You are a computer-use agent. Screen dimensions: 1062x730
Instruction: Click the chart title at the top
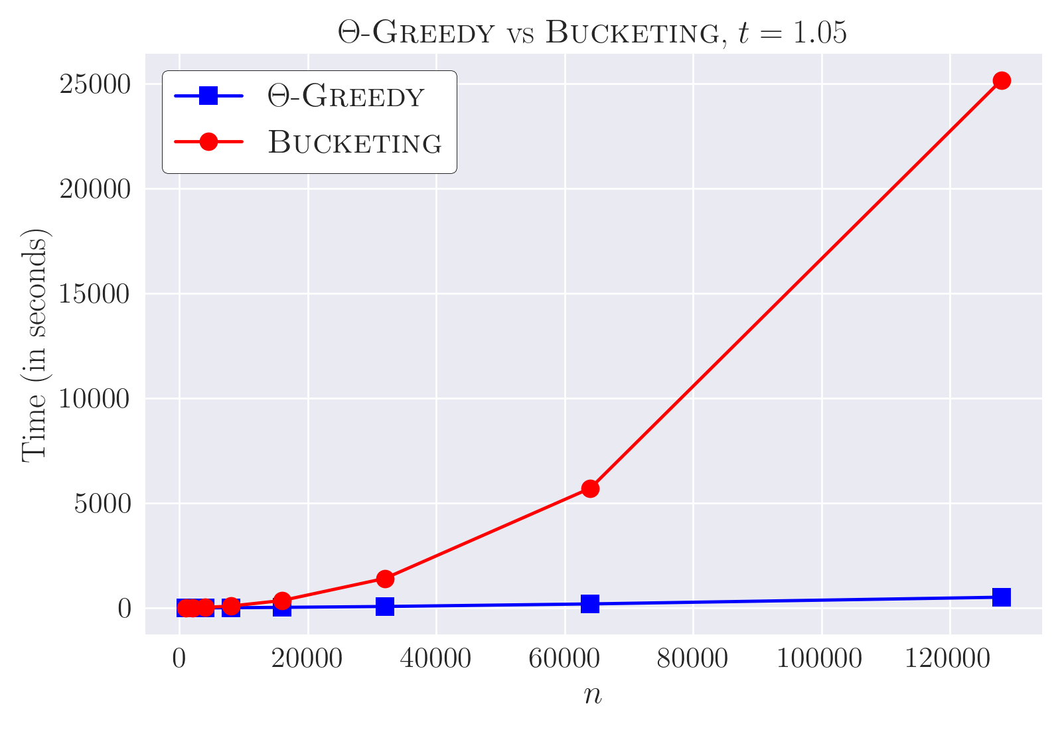point(592,33)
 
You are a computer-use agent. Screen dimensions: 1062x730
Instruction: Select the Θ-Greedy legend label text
point(346,96)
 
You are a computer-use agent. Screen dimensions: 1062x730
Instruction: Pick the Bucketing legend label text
point(354,142)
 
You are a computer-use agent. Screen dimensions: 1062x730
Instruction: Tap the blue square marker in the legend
point(208,96)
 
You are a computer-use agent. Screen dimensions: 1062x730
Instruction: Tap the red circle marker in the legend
point(208,141)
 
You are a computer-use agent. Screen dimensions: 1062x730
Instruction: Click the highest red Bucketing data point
point(1002,80)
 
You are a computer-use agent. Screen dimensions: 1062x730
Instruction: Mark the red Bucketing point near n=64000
point(590,488)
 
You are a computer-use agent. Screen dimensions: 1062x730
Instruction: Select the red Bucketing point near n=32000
point(385,579)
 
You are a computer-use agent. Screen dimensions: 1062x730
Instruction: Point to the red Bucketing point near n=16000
point(282,601)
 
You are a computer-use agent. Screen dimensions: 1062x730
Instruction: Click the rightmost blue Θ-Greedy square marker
point(1002,597)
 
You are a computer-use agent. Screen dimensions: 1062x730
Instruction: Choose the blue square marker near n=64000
point(590,604)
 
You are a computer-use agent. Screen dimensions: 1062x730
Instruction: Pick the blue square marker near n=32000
point(385,607)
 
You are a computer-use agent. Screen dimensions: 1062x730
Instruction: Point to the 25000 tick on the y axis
point(94,84)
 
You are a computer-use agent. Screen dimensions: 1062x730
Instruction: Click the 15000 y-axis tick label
point(94,294)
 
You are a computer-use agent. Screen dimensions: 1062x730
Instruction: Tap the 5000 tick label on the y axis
point(102,504)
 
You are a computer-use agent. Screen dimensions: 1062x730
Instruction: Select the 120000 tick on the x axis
point(947,658)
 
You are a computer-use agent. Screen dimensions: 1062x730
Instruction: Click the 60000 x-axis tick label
point(564,658)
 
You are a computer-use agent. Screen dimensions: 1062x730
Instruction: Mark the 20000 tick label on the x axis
point(307,658)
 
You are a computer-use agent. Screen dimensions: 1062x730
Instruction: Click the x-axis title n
point(593,695)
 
